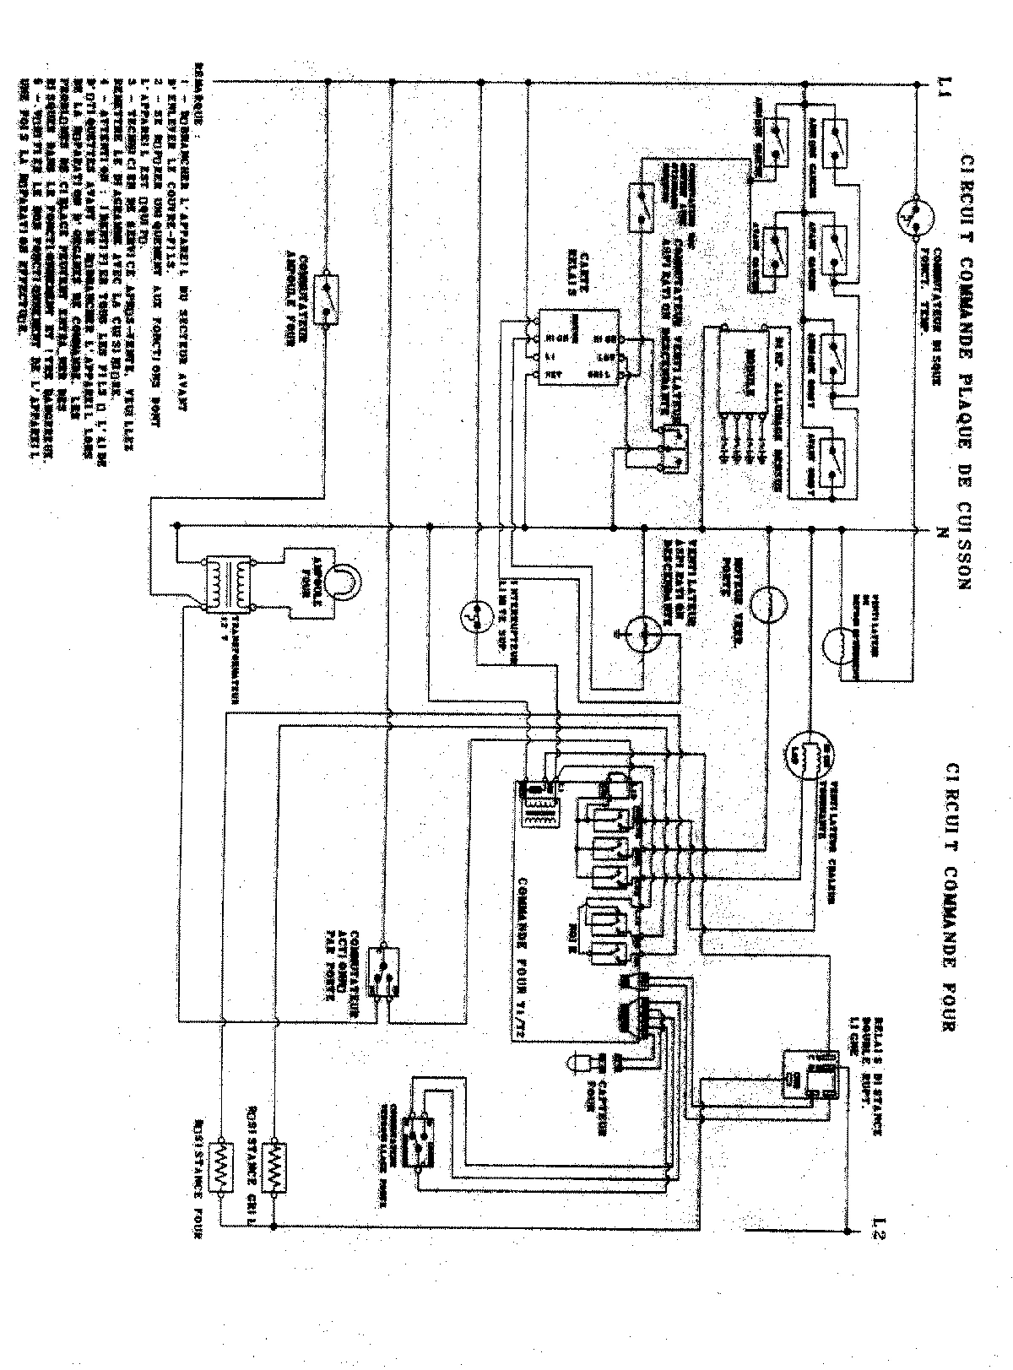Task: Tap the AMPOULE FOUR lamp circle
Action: click(x=343, y=582)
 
